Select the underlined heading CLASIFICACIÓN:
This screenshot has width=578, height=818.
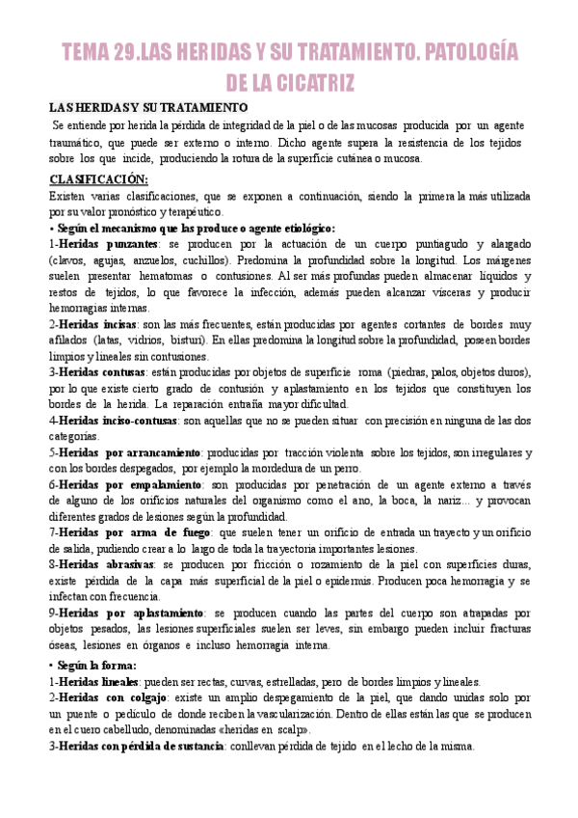98,179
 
